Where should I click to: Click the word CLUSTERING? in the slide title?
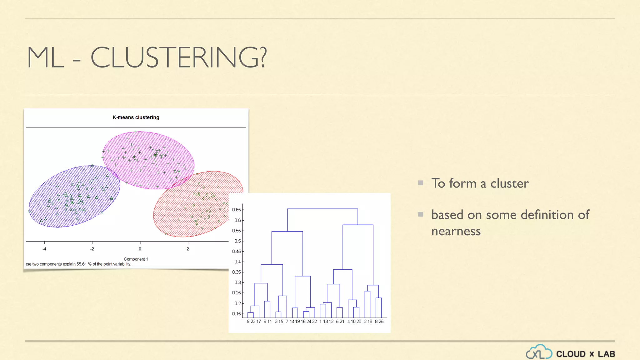pyautogui.click(x=178, y=57)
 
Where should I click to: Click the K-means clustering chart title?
pyautogui.click(x=136, y=117)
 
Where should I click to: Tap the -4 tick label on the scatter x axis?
pyautogui.click(x=44, y=249)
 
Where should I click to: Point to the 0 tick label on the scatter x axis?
pyautogui.click(x=140, y=249)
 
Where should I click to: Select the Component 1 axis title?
pyautogui.click(x=136, y=259)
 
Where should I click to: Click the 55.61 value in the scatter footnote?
pyautogui.click(x=82, y=264)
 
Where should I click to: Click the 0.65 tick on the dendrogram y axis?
pyautogui.click(x=237, y=210)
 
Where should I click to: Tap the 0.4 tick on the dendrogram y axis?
pyautogui.click(x=237, y=262)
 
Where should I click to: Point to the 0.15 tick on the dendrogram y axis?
pyautogui.click(x=237, y=314)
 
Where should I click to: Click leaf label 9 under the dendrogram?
pyautogui.click(x=248, y=322)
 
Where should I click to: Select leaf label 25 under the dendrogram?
pyautogui.click(x=381, y=322)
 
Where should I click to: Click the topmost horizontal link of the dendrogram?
pyautogui.click(x=322, y=209)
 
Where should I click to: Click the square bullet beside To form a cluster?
pyautogui.click(x=421, y=183)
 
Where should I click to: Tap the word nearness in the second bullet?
pyautogui.click(x=456, y=231)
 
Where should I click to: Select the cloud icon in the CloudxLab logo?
pyautogui.click(x=539, y=352)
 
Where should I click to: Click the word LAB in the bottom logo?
pyautogui.click(x=606, y=354)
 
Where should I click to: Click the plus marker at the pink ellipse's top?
pyautogui.click(x=135, y=132)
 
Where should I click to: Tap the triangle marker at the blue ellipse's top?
pyautogui.click(x=92, y=165)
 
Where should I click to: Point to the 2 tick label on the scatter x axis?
pyautogui.click(x=188, y=249)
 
